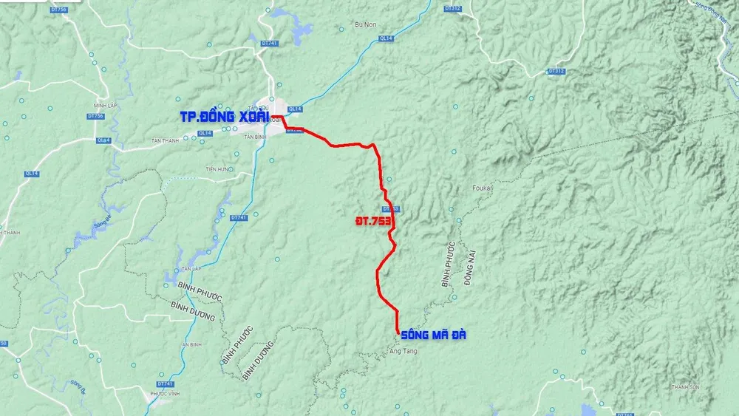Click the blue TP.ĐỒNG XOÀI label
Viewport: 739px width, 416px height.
[224, 117]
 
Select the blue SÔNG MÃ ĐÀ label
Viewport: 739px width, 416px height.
[434, 335]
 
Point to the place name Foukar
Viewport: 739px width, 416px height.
[482, 188]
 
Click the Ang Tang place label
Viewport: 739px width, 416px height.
[403, 351]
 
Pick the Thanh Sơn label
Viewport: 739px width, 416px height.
[685, 386]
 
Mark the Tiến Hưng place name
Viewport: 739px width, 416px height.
[218, 169]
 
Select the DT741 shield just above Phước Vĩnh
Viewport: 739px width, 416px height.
[166, 383]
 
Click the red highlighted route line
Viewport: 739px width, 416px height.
[379, 170]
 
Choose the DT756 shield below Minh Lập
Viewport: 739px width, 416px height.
[95, 116]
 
